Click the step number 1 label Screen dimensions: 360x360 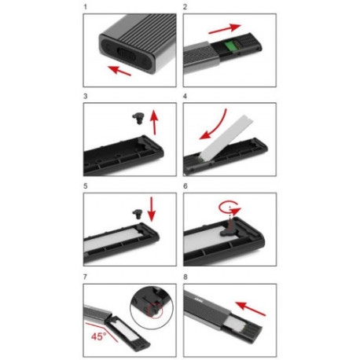(84, 6)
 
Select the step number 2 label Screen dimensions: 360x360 (184, 6)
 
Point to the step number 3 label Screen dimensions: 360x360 (84, 96)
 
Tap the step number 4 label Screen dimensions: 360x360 (184, 96)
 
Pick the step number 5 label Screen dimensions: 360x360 (84, 187)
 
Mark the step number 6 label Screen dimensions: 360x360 (184, 187)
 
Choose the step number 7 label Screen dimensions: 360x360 (84, 277)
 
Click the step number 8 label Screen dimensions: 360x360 (184, 277)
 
